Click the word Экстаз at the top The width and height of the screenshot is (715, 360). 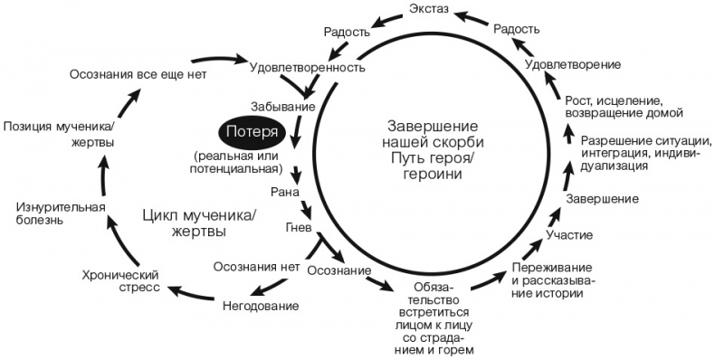tap(431, 12)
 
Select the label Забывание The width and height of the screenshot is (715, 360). tap(285, 107)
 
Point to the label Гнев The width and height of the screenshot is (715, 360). tap(300, 224)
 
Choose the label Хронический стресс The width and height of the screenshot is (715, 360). tap(121, 281)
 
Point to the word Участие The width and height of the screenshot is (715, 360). tap(570, 235)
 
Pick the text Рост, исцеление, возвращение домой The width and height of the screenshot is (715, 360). tap(616, 106)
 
